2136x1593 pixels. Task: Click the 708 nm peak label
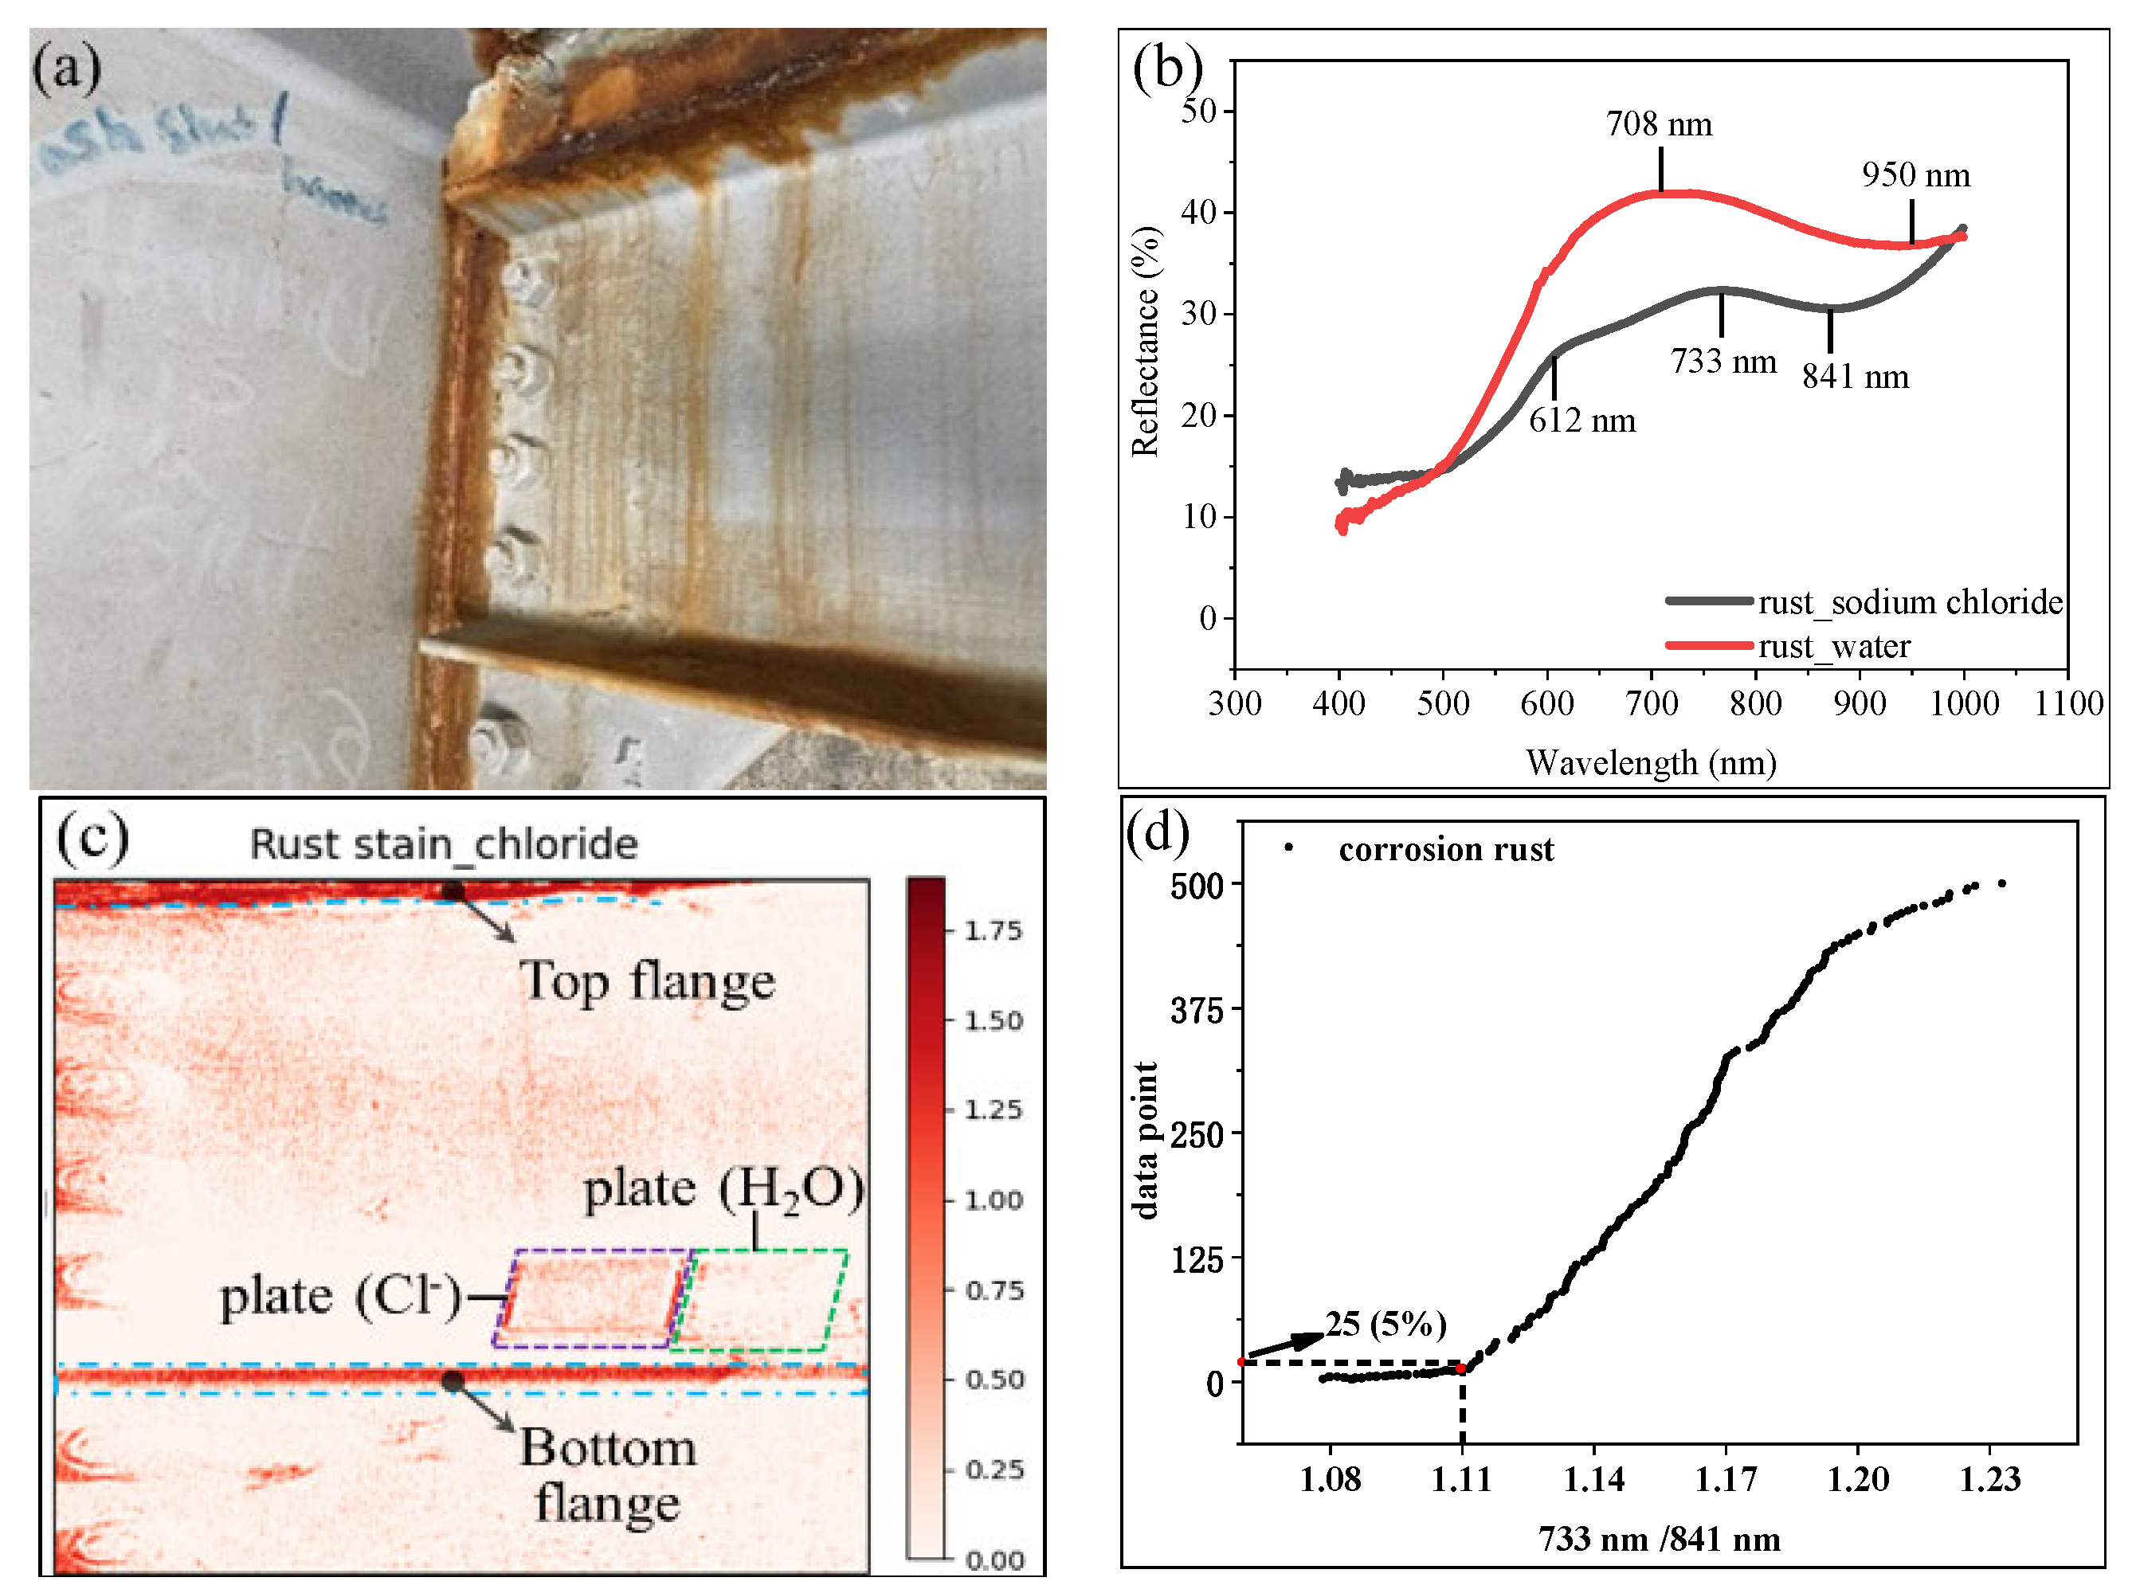1658,124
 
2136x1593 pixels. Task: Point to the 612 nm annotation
1581,421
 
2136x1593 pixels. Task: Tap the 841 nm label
1855,376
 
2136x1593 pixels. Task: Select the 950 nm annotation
1915,175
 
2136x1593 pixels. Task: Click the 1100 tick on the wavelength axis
2067,703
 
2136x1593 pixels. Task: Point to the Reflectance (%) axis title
1145,342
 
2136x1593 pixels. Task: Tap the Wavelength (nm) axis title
1650,763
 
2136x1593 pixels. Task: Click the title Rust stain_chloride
444,845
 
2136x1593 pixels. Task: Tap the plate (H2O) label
723,1190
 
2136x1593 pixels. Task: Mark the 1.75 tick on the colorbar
994,931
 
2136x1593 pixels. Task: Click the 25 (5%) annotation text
1385,1324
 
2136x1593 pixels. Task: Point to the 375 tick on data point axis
1196,1011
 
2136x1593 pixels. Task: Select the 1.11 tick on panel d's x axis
1461,1479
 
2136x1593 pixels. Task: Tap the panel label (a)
67,69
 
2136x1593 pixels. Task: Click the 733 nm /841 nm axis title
1659,1539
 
